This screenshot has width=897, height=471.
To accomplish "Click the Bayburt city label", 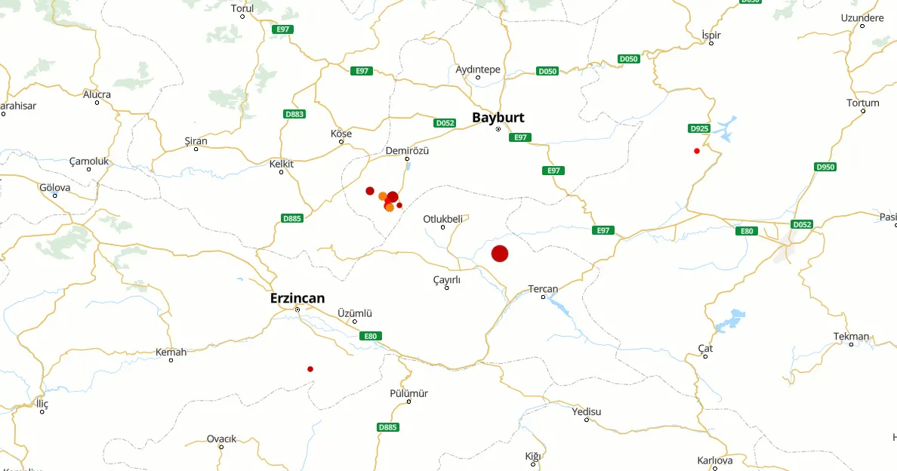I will click(x=498, y=118).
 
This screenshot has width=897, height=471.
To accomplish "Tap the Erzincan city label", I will click(x=297, y=298).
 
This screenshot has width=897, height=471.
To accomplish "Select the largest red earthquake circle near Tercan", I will click(x=500, y=254).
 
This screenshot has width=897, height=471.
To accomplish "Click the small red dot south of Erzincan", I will click(x=310, y=369).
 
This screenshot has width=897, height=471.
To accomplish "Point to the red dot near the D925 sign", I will click(x=697, y=151).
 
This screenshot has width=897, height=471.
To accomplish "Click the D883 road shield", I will click(x=294, y=114).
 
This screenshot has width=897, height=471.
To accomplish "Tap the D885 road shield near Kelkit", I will click(x=292, y=218).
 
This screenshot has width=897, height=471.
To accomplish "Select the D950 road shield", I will click(x=825, y=167).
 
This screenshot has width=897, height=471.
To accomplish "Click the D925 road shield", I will click(x=700, y=128).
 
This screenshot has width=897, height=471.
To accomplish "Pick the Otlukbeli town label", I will click(x=442, y=219).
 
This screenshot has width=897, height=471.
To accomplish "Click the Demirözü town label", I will click(x=407, y=150).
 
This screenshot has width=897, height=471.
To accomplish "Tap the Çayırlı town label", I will click(x=446, y=280).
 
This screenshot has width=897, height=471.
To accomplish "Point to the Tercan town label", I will click(x=543, y=289).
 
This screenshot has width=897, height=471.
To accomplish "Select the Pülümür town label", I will click(x=408, y=393).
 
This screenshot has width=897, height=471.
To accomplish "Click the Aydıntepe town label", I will click(x=478, y=69).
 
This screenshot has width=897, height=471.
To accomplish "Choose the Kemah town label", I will click(x=171, y=352).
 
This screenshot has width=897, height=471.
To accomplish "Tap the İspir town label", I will click(x=711, y=35).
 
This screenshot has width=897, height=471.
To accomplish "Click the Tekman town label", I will click(x=851, y=336).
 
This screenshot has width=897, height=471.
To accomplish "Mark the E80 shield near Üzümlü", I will click(x=369, y=335).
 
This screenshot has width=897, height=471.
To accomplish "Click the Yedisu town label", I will click(x=587, y=411).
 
